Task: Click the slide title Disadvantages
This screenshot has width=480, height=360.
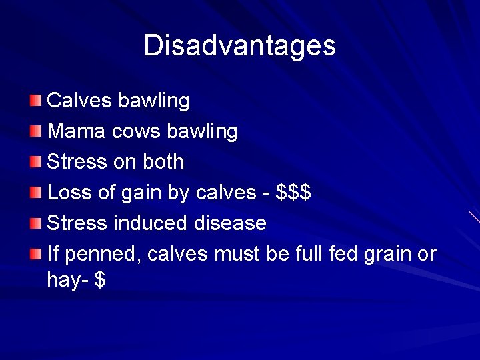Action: pos(239,45)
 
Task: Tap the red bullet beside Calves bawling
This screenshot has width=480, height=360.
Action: pos(35,101)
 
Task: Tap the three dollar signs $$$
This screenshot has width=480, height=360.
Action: pos(293,193)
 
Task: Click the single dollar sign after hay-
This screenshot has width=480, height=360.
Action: pos(100,280)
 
